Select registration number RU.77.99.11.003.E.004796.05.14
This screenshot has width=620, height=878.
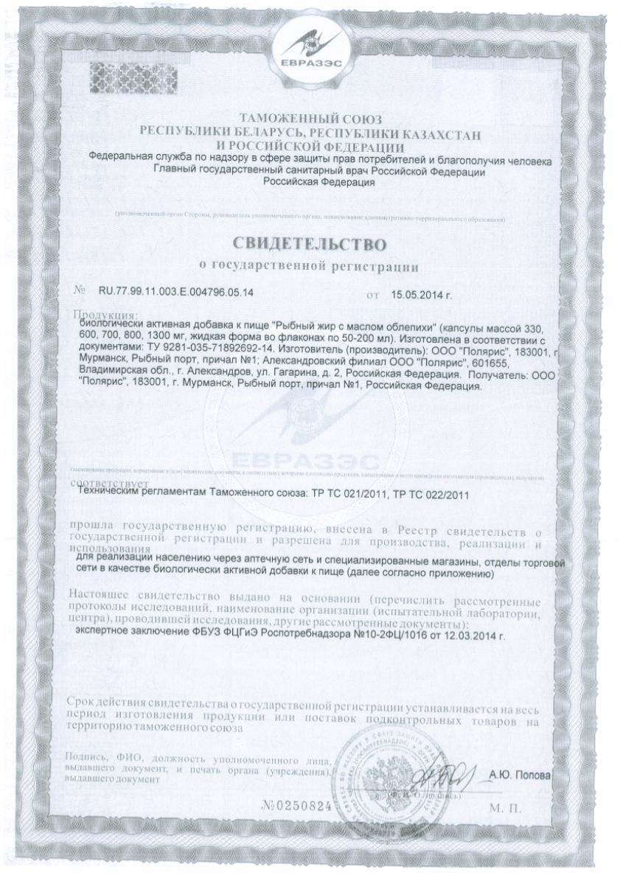click(x=175, y=293)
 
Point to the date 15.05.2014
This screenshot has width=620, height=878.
click(x=419, y=293)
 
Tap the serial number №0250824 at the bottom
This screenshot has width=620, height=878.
click(x=292, y=805)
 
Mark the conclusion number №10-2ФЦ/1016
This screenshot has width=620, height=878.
click(x=380, y=633)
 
